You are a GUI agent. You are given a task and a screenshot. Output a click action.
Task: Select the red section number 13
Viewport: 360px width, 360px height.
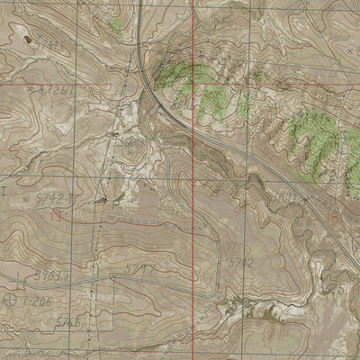[58, 216]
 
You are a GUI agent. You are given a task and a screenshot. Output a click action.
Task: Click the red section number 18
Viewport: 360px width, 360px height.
[335, 217]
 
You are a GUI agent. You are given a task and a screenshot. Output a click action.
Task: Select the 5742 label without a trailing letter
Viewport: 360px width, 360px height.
[238, 262]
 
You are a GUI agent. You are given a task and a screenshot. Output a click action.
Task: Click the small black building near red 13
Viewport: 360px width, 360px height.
[102, 199]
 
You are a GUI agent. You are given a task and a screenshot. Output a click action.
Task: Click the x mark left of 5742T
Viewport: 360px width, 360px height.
[25, 196]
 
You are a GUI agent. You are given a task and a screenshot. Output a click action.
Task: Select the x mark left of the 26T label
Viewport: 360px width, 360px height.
[31, 90]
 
